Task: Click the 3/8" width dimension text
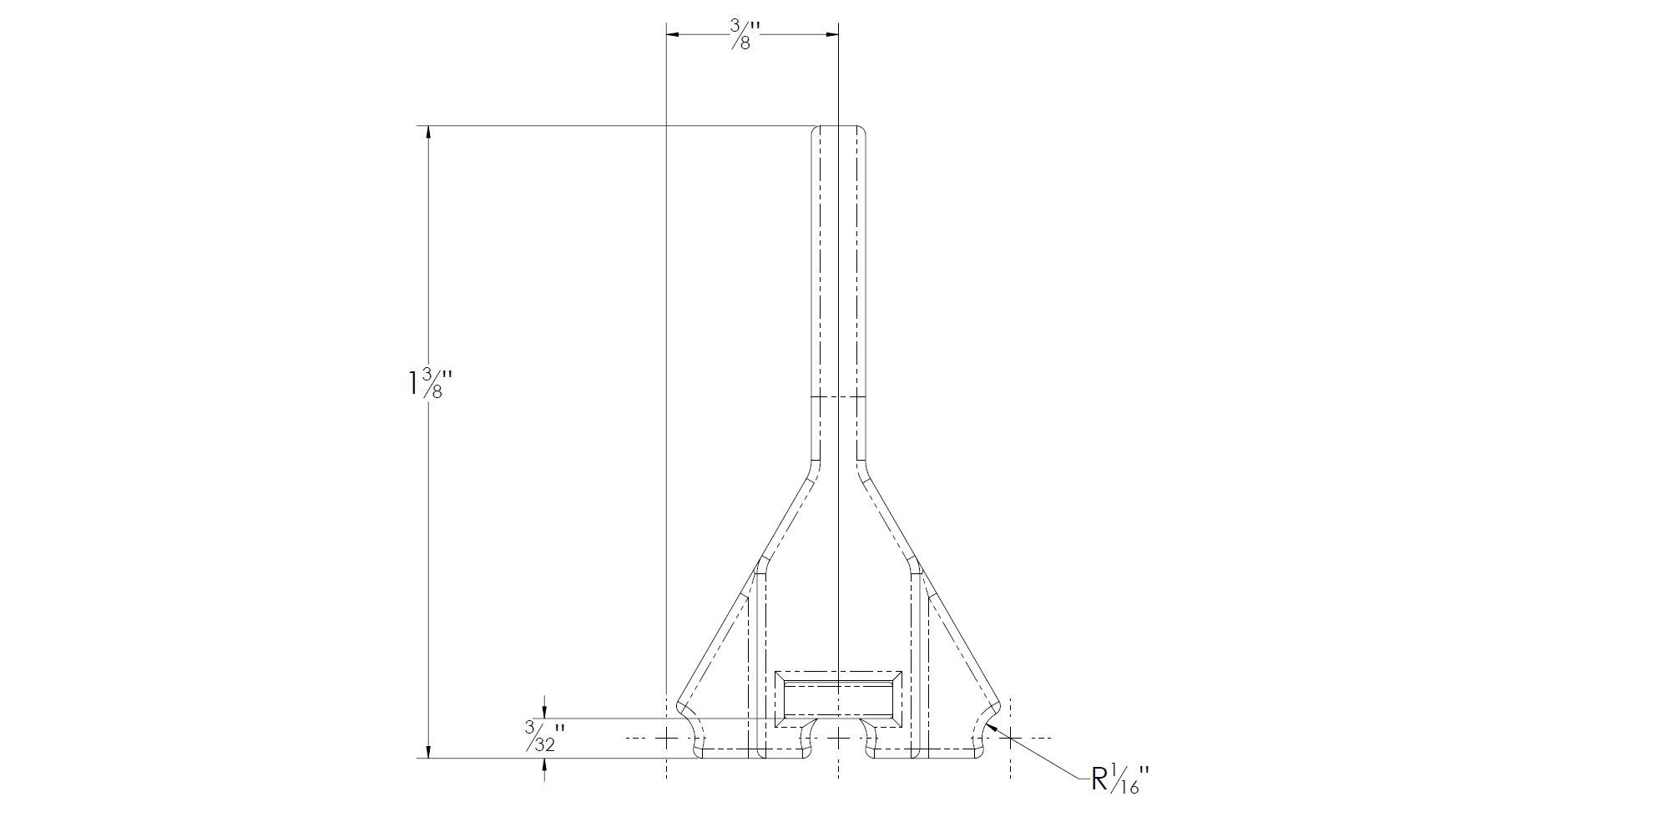(741, 34)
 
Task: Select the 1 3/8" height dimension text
(430, 384)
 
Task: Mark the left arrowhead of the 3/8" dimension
(674, 34)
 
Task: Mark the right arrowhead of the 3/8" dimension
(829, 34)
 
